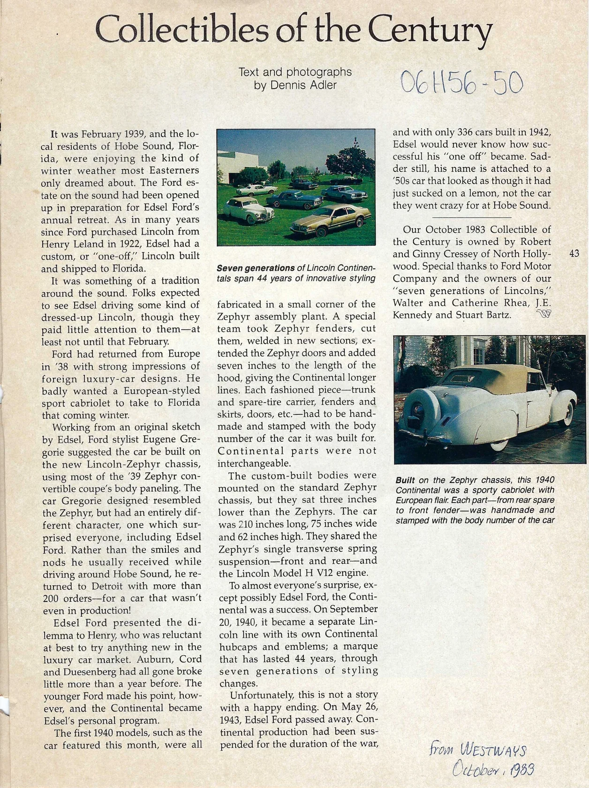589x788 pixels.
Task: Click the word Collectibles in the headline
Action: click(181, 31)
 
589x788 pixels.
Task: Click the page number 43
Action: click(574, 254)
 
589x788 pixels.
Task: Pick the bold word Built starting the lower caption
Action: click(405, 480)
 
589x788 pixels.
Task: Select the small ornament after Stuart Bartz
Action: click(543, 315)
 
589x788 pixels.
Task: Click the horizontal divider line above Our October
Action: click(471, 218)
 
